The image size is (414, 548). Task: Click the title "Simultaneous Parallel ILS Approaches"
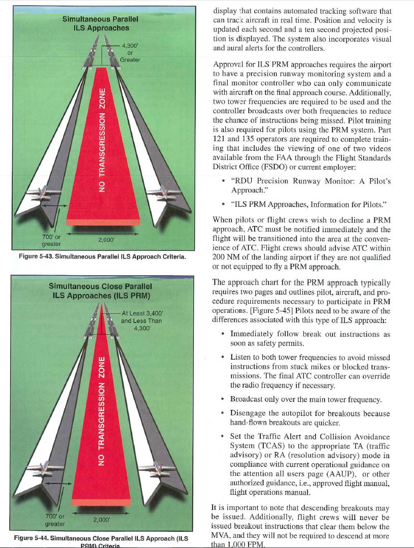click(100, 23)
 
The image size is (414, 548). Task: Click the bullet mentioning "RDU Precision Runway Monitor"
click(310, 185)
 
